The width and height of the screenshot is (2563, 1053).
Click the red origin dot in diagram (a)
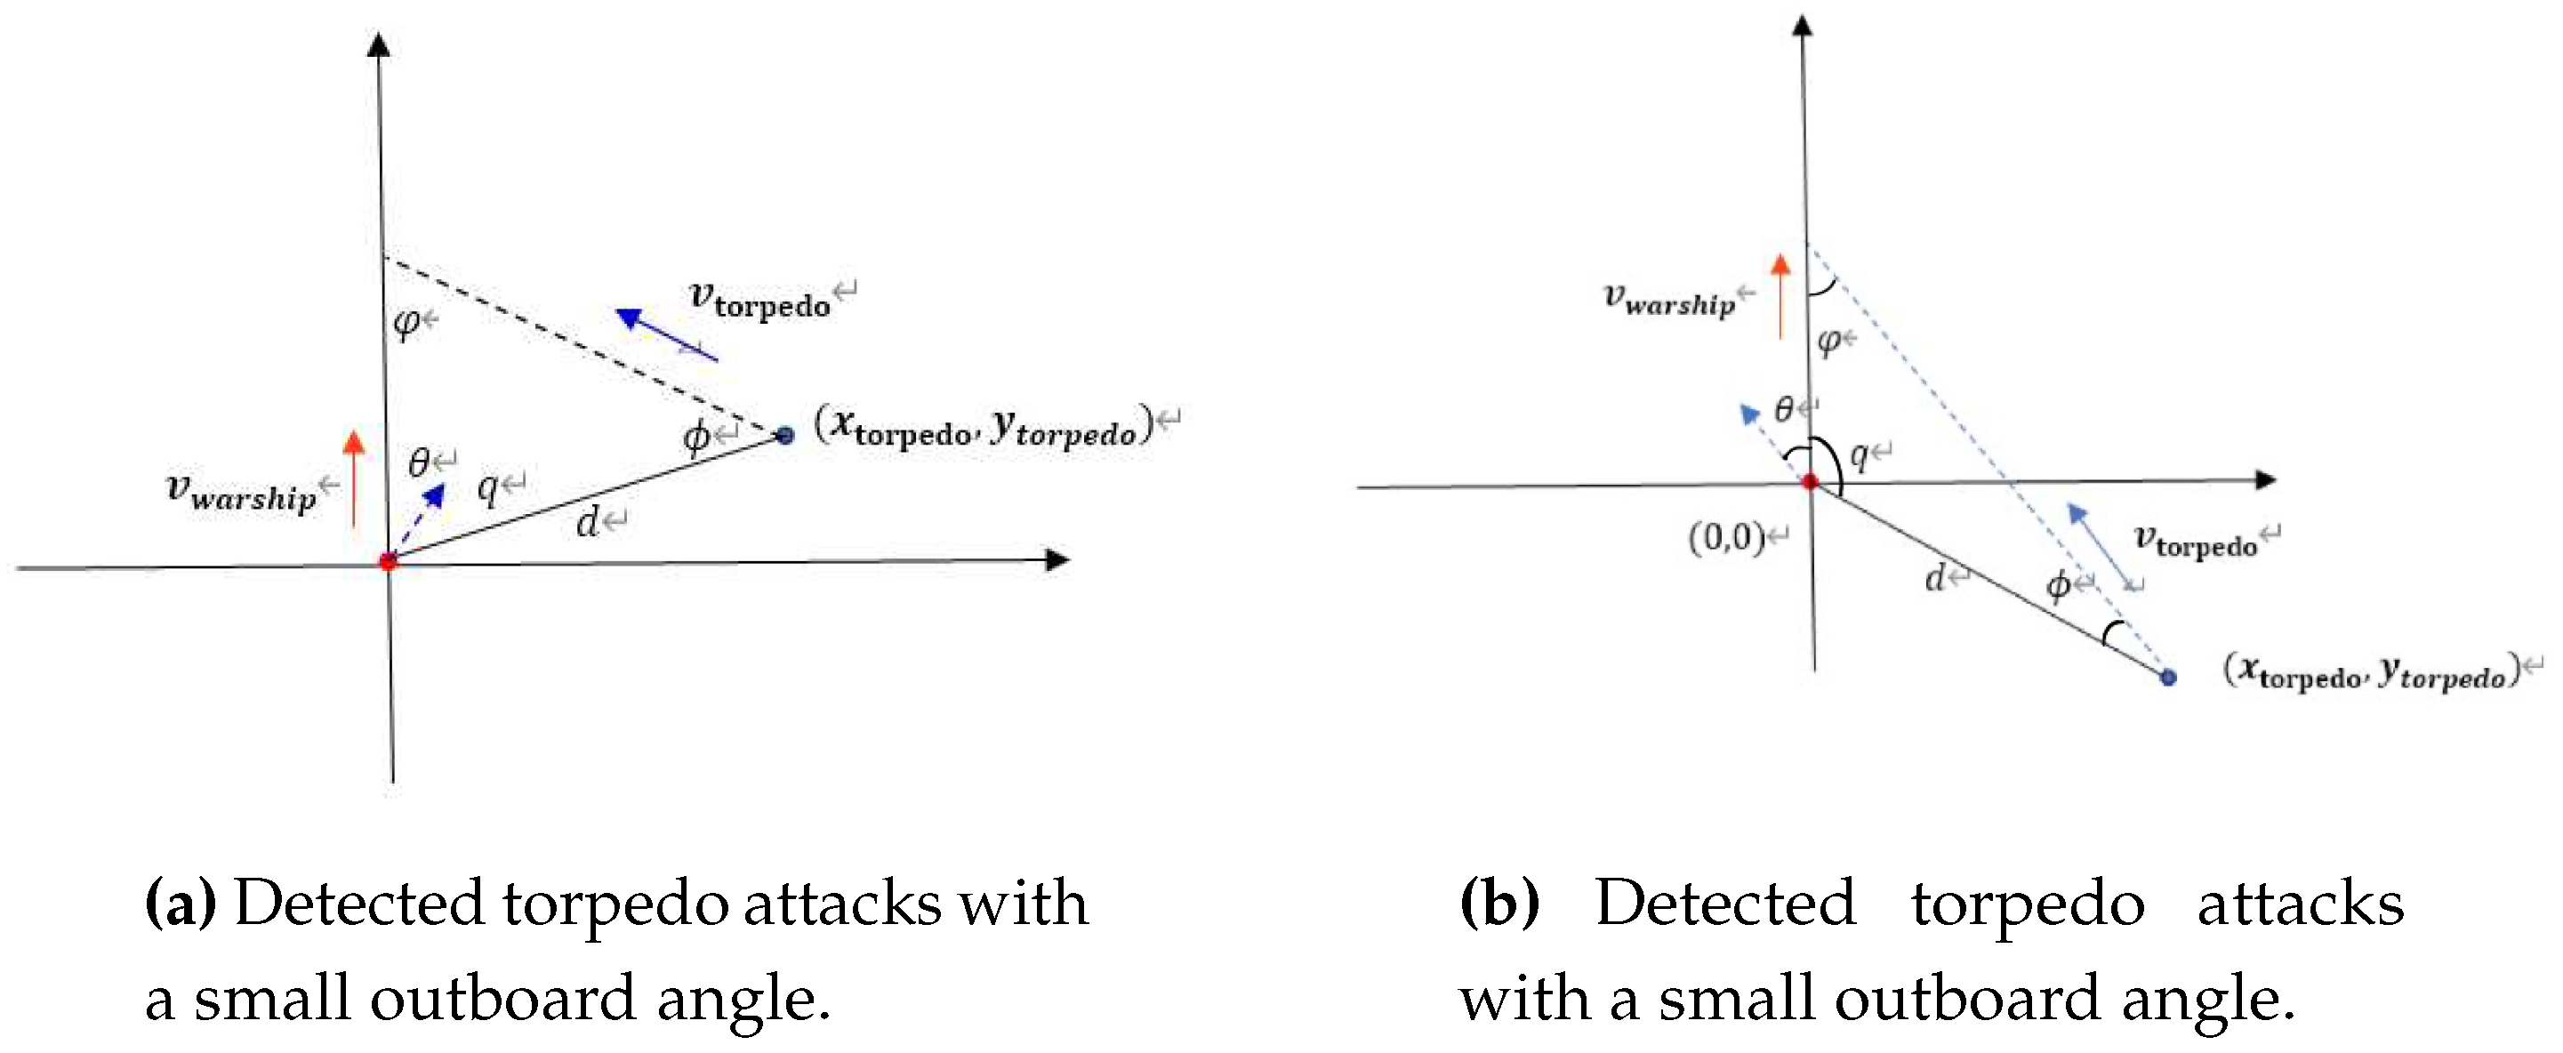coord(388,561)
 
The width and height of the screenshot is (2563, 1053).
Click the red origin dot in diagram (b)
coord(1810,482)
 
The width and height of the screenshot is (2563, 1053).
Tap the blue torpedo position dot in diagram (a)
coord(785,435)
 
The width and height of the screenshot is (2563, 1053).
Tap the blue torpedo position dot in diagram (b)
coord(2168,678)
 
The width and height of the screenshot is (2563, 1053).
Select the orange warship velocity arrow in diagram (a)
coord(353,478)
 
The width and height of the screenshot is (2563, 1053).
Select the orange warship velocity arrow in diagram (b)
coord(1780,295)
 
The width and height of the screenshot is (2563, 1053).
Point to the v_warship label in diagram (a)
coord(240,493)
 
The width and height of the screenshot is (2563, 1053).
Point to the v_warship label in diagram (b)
coord(1668,300)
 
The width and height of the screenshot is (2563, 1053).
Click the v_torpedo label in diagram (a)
coord(760,300)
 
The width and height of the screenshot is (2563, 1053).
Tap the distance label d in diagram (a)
coord(588,521)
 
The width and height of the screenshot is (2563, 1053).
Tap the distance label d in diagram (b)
coord(1935,577)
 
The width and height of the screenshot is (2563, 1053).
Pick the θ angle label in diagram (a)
coord(419,462)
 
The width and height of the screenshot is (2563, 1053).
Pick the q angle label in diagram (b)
coord(1859,456)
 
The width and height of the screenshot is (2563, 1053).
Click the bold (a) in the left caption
coord(181,904)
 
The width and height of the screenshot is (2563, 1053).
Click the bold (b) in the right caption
coord(1498,904)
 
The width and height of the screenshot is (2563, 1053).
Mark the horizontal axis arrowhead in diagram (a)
coord(1058,559)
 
